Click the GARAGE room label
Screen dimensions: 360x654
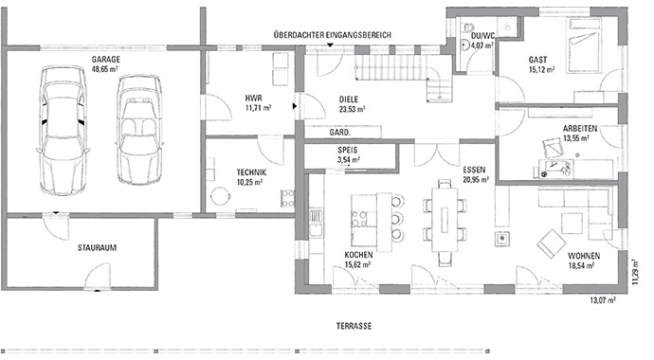point(105,59)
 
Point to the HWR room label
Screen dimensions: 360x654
point(253,98)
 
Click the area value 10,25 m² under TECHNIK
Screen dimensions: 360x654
point(251,182)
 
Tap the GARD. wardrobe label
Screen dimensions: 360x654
point(340,132)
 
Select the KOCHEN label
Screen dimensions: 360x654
point(357,257)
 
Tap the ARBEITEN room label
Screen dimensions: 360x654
point(579,129)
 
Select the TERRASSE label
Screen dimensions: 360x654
point(353,325)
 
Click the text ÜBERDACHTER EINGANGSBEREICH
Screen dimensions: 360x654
point(331,35)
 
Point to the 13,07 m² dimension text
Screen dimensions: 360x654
point(603,301)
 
